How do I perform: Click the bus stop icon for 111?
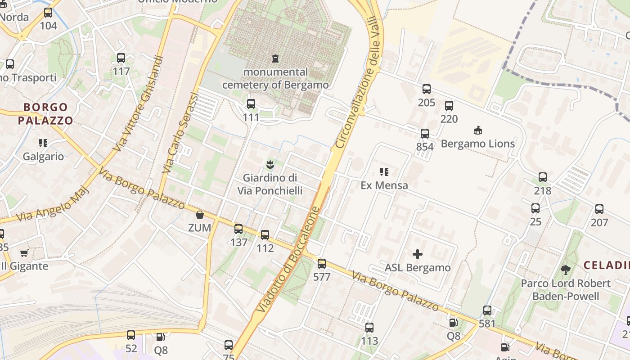tap(251, 104)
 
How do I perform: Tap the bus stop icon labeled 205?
tap(427, 89)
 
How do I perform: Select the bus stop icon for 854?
tap(425, 133)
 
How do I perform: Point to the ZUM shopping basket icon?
tap(200, 215)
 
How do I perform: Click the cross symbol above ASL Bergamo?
tap(418, 254)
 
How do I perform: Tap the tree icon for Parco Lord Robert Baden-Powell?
tap(566, 270)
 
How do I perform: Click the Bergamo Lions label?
tap(478, 144)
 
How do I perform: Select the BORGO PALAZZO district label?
tap(45, 114)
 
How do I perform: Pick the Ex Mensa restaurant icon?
tap(384, 171)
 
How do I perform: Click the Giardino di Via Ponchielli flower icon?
tap(270, 164)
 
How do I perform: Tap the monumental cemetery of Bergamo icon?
tap(275, 58)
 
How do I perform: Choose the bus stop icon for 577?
tap(322, 264)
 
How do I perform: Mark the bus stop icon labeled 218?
tap(543, 177)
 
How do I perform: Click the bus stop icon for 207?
tap(599, 209)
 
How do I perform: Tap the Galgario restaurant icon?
tap(43, 143)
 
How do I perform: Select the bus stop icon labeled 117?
tap(121, 58)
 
